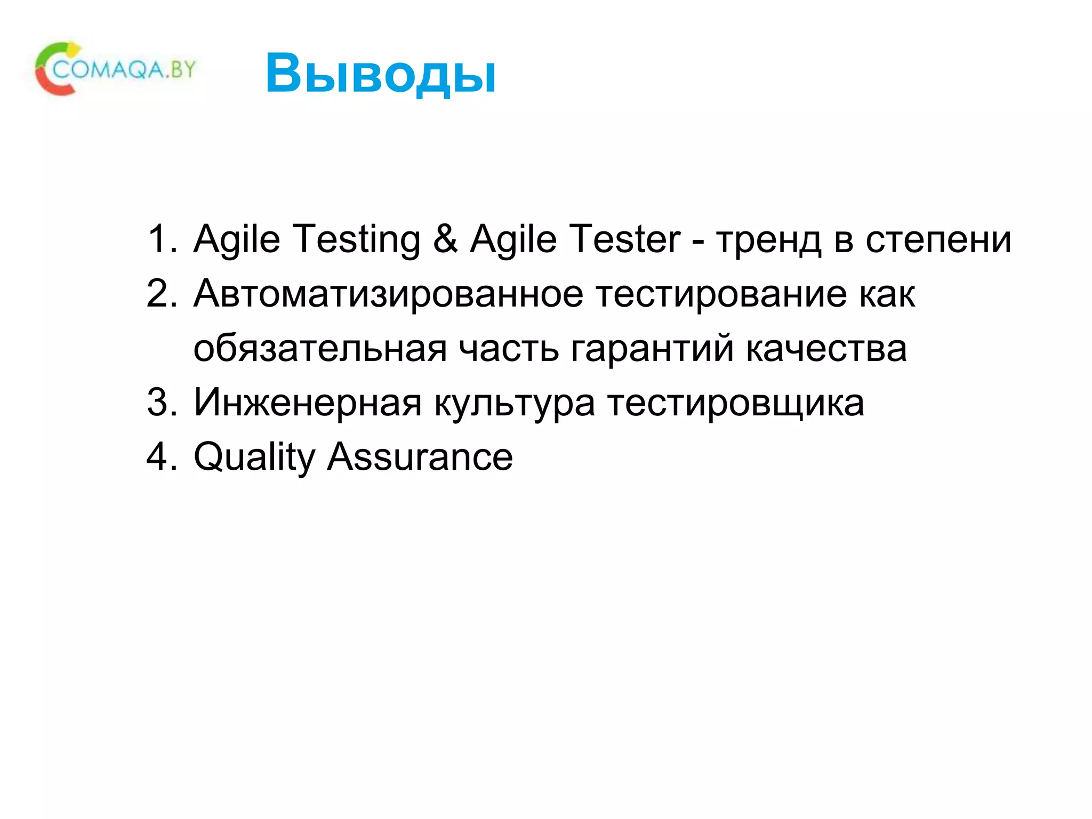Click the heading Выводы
click(380, 74)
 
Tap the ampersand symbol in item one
click(445, 239)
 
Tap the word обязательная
click(320, 349)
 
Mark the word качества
click(826, 349)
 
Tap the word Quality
click(255, 458)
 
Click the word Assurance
click(420, 457)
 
